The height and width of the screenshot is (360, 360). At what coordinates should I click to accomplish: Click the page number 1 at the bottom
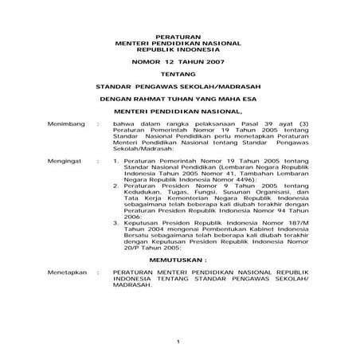(x=179, y=343)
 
